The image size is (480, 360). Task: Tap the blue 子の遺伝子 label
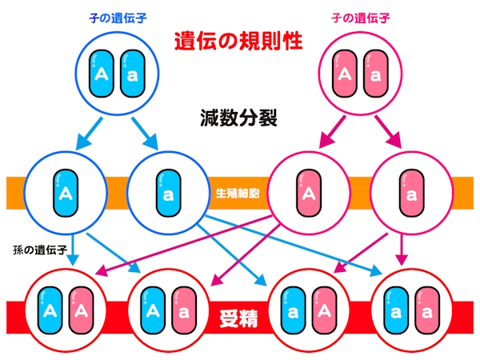tap(118, 16)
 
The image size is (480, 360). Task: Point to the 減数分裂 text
tap(238, 118)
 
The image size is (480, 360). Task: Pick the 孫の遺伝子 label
tap(38, 249)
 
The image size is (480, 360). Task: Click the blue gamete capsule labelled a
tap(168, 194)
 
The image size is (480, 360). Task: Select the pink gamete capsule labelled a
tap(410, 194)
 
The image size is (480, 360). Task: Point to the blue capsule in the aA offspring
tap(293, 309)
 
